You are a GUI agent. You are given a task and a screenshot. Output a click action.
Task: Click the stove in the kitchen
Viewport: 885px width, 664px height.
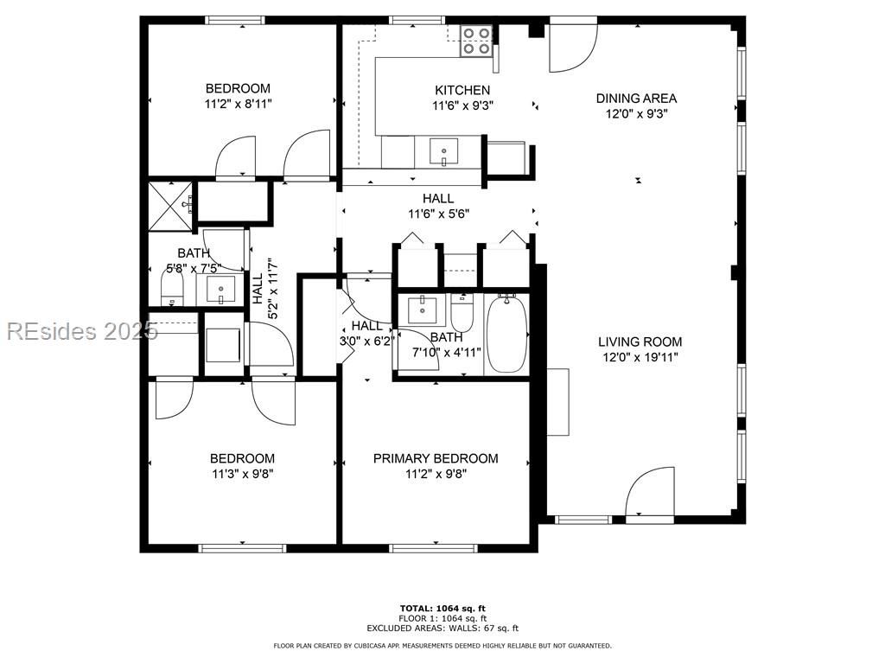[x=476, y=41]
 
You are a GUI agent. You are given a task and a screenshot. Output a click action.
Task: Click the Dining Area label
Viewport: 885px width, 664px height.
[x=636, y=99]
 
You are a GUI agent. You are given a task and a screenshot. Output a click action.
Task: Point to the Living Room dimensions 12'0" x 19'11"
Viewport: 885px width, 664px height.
[x=640, y=356]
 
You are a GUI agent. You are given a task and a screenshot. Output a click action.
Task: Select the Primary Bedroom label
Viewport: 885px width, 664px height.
[x=436, y=458]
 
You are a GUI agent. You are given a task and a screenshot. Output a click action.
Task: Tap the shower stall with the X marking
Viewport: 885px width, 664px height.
[x=169, y=206]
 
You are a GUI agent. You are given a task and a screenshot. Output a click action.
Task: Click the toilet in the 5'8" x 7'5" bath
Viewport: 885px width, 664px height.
[x=173, y=290]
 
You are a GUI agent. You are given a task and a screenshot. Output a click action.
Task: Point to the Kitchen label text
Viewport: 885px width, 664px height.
[x=462, y=90]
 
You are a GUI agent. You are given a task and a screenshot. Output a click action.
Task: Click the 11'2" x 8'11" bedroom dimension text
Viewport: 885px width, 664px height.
[x=237, y=103]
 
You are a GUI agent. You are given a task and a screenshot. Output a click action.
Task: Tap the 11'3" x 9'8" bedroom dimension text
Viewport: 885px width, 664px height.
[x=242, y=474]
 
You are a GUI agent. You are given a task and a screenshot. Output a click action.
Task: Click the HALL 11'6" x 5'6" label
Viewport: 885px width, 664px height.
[x=438, y=206]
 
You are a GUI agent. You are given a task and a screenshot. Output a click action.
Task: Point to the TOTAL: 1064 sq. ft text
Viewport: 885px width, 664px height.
[x=442, y=608]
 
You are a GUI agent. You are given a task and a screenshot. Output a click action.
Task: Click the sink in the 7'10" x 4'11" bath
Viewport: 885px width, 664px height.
[x=423, y=307]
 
